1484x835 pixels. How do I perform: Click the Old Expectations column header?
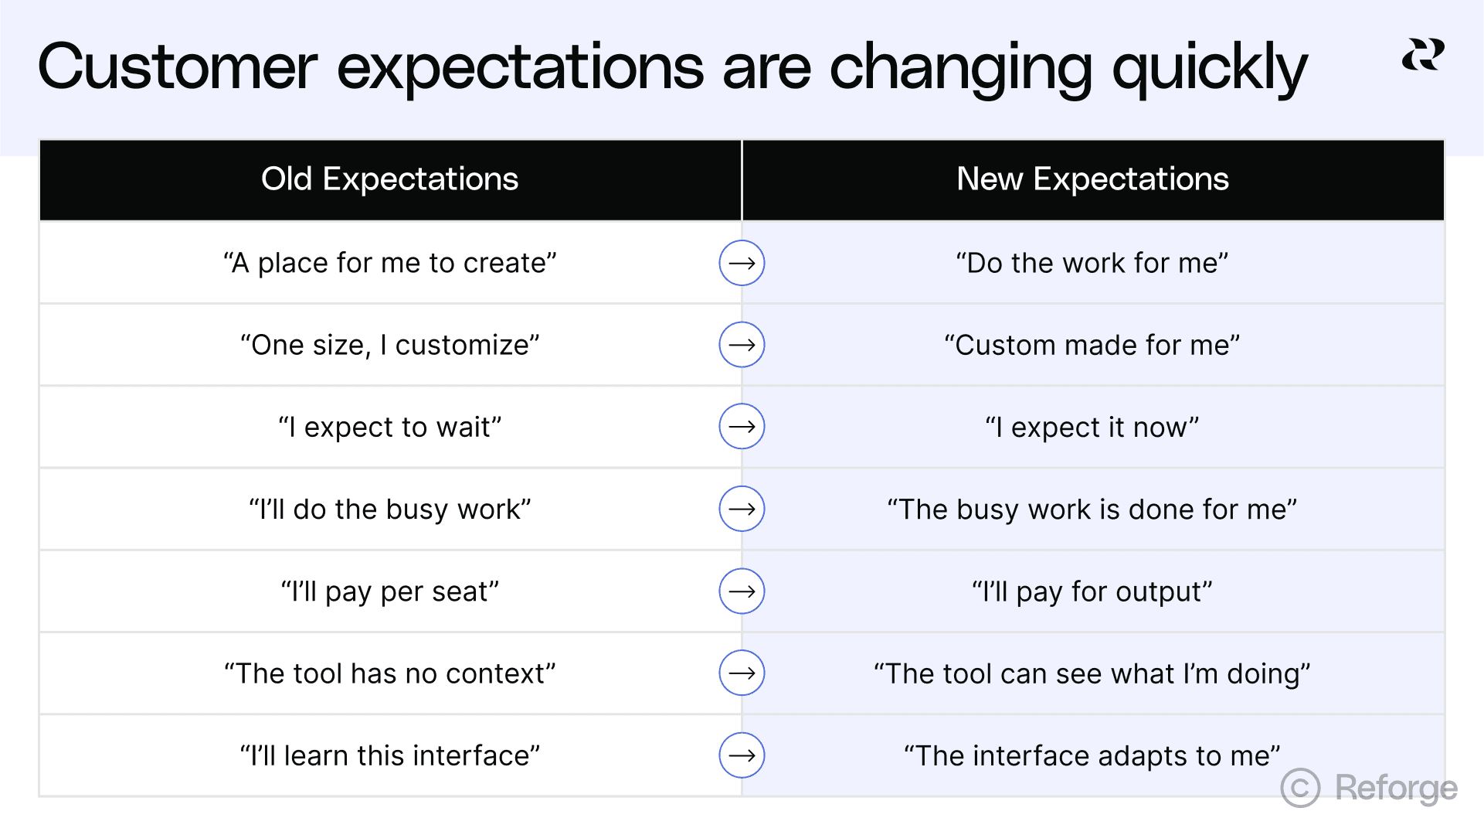(389, 179)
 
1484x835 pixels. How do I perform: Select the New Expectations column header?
(1092, 179)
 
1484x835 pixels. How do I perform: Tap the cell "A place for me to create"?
(389, 263)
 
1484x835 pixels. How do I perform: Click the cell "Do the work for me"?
(1092, 263)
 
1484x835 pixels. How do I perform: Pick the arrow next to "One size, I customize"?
(742, 345)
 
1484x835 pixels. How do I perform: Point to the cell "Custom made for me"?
(1092, 345)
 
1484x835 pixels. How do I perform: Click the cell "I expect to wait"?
(389, 427)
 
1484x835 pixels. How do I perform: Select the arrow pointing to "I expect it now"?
(742, 427)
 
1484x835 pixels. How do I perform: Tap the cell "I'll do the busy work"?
(389, 510)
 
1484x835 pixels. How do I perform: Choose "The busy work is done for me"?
(1092, 510)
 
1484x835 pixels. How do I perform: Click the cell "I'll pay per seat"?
(389, 591)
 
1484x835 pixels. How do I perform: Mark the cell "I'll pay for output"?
(1092, 591)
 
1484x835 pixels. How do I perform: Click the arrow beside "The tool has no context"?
(742, 673)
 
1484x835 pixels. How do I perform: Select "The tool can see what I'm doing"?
(1092, 673)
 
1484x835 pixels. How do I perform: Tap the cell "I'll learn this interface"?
(389, 755)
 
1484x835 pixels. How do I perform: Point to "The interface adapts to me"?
(1092, 755)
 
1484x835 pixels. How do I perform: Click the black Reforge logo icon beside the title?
(1423, 55)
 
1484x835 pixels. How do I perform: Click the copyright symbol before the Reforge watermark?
(1300, 788)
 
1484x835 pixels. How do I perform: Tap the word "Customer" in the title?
(178, 68)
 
